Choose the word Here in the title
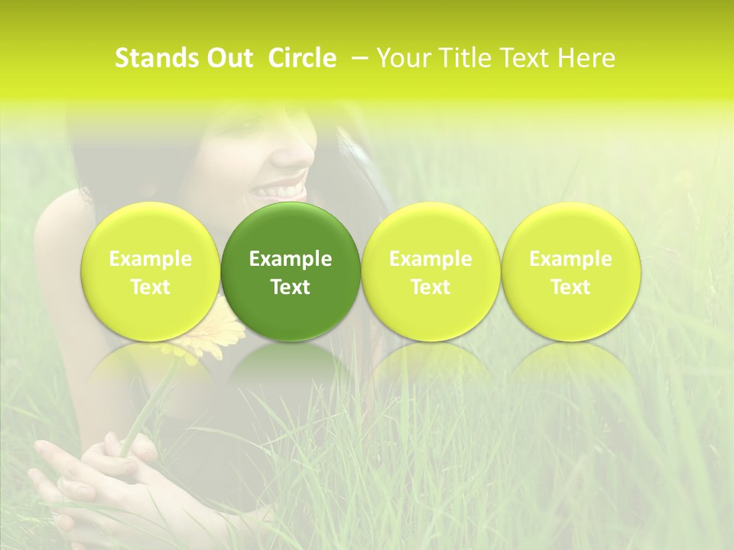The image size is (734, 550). (x=586, y=58)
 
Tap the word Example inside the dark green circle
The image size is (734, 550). (x=291, y=259)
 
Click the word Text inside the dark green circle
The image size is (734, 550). (x=291, y=287)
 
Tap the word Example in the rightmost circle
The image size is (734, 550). (x=570, y=259)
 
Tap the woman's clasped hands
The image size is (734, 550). (x=92, y=474)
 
